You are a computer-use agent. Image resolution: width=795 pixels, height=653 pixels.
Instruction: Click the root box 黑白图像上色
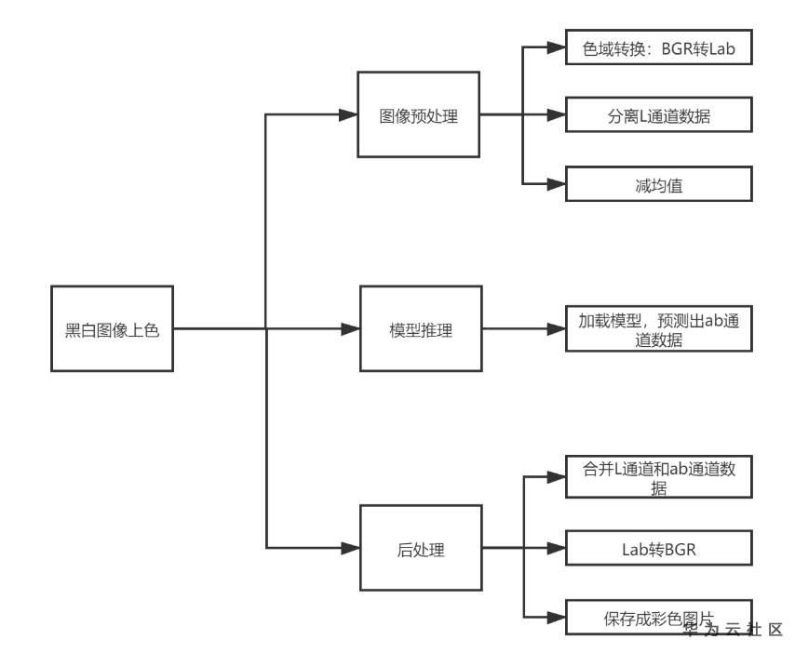point(112,328)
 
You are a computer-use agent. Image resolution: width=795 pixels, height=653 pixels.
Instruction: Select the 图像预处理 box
point(419,116)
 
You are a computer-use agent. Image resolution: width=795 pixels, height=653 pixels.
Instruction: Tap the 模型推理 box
point(420,328)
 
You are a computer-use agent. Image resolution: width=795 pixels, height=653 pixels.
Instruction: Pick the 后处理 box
point(420,549)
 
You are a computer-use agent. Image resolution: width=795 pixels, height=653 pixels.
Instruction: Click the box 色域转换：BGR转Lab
point(657,49)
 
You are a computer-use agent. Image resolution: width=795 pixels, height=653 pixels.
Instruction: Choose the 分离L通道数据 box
point(657,116)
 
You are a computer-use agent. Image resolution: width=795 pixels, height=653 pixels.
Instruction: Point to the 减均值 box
point(657,184)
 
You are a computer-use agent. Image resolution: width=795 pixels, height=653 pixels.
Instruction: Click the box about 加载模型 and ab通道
point(657,329)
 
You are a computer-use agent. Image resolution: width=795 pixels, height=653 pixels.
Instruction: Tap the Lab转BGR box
point(657,549)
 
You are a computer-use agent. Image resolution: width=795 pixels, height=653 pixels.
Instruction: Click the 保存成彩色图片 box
point(657,618)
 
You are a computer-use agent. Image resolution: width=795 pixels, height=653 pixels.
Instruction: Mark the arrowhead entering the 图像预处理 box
point(349,116)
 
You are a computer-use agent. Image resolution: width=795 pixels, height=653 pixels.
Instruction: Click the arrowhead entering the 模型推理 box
point(350,328)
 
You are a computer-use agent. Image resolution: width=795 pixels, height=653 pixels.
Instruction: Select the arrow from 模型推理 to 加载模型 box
point(521,328)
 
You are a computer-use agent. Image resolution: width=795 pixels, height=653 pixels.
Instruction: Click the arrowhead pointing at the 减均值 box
point(557,184)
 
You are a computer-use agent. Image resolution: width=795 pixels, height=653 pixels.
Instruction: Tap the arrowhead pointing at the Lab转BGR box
point(557,549)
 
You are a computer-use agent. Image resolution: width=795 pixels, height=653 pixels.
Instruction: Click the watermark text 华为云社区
point(733,630)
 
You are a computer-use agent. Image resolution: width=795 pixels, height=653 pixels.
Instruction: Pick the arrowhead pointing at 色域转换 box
point(557,49)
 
